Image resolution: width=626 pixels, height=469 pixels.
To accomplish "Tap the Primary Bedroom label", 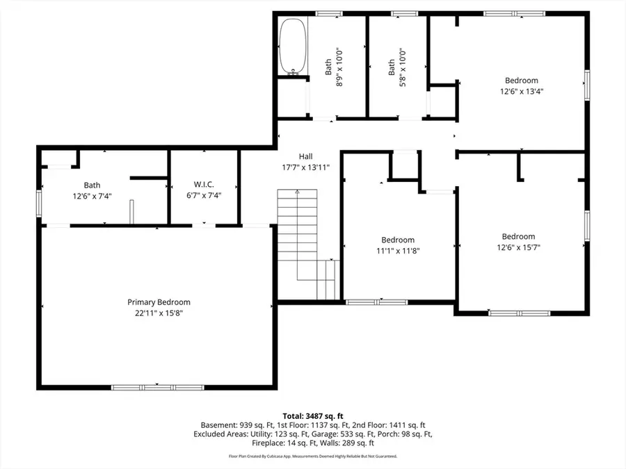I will point(159,302).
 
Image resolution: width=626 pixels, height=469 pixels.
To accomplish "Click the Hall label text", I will point(305,156).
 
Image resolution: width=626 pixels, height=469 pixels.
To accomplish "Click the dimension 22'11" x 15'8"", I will point(159,313).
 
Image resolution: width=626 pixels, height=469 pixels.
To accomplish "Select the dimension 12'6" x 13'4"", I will point(521,90).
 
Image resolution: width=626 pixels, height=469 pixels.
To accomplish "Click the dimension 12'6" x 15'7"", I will point(518,247).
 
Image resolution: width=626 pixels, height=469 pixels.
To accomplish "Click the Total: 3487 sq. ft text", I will point(313,414).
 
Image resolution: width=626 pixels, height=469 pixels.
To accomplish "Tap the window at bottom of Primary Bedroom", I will point(157,387).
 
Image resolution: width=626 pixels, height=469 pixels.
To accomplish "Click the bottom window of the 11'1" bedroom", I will point(376,302).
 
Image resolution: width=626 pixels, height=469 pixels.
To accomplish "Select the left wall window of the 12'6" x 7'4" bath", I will point(40,205).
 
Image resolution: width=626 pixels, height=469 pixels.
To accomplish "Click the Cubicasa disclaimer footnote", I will point(313,456).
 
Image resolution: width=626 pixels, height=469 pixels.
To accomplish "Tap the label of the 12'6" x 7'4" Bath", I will point(92,185).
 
